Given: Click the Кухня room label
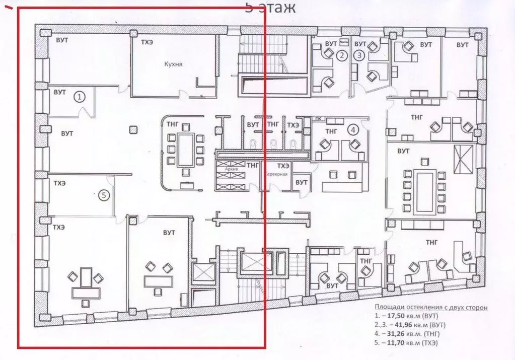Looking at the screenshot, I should (x=173, y=64).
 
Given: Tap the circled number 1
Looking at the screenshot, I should (x=80, y=96).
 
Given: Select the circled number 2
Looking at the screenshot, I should (x=342, y=55).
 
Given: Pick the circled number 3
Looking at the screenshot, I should (x=359, y=55).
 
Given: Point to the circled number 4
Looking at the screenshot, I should (x=353, y=129).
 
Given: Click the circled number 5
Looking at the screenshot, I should (x=104, y=195).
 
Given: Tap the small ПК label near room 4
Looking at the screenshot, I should (x=318, y=119).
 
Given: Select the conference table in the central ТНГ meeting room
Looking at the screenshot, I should (x=185, y=150).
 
